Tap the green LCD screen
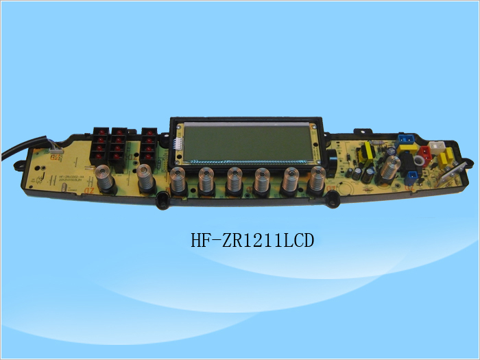248,143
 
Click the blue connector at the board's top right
406,143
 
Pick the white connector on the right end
436,147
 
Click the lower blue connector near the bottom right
411,178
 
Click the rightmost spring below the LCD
317,180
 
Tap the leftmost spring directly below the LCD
178,181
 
